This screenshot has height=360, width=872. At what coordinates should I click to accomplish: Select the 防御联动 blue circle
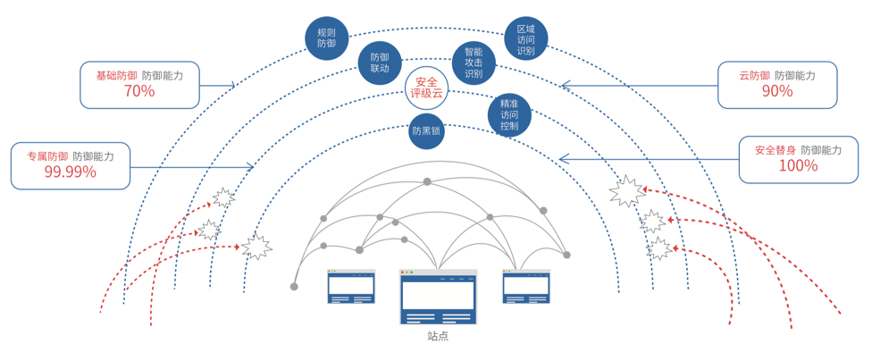[x=380, y=63]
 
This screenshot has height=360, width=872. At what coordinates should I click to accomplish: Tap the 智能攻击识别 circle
[x=474, y=63]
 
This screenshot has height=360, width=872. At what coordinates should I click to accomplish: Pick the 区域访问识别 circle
[x=525, y=39]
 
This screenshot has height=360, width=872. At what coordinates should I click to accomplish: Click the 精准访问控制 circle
[x=509, y=114]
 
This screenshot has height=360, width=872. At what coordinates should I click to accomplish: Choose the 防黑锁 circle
[x=426, y=131]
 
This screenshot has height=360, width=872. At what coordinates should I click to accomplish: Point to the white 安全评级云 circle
[x=426, y=88]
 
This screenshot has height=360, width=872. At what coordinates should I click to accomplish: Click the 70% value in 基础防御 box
[x=139, y=91]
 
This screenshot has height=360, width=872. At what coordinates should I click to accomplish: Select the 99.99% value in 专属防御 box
[x=71, y=172]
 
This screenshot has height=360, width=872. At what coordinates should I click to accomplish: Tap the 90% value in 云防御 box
[x=777, y=91]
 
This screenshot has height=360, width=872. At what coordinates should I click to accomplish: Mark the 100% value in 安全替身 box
[x=798, y=166]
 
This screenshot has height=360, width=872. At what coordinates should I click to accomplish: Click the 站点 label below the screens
[x=438, y=337]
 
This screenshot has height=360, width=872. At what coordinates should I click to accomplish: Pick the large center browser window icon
[x=438, y=297]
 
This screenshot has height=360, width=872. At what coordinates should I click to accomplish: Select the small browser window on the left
[x=351, y=287]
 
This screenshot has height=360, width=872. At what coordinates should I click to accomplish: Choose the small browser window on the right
[x=525, y=287]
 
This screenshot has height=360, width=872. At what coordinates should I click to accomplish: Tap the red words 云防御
[x=754, y=76]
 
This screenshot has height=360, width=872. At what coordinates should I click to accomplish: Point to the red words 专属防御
[x=47, y=156]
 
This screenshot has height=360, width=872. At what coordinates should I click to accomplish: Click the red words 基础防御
[x=117, y=76]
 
